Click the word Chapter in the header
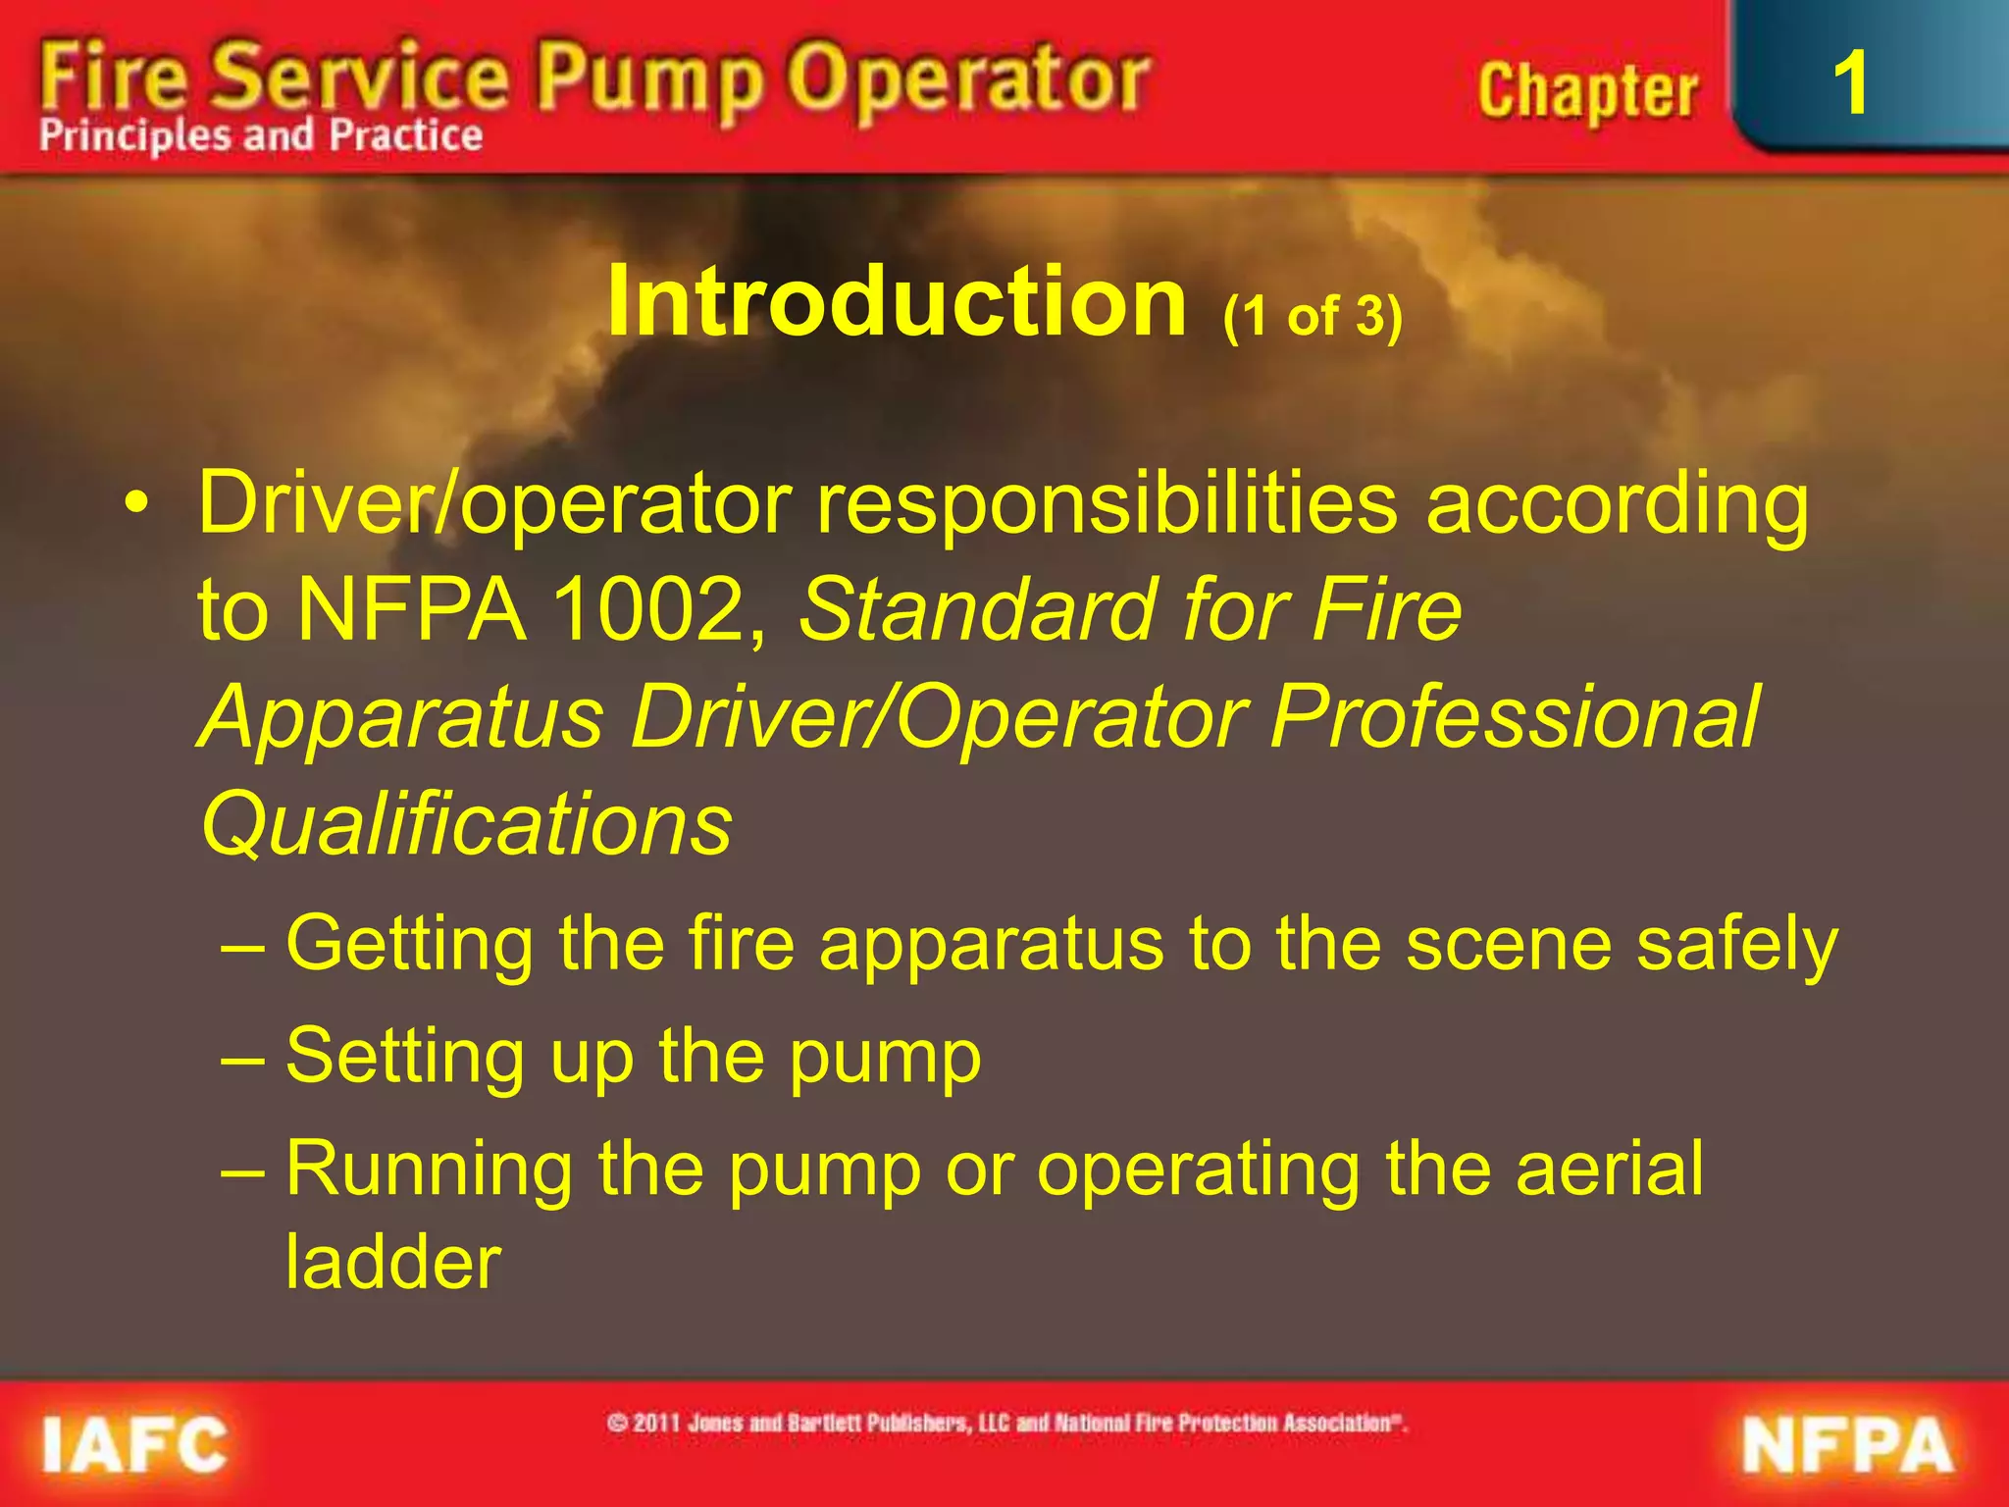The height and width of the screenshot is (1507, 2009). (x=1586, y=91)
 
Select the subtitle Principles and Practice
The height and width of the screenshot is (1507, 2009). (x=261, y=135)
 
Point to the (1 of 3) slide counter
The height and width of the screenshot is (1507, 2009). (x=1313, y=317)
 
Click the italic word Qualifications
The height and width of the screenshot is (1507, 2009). (x=466, y=824)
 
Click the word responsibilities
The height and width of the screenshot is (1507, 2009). (x=1107, y=503)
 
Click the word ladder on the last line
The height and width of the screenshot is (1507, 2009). (x=393, y=1262)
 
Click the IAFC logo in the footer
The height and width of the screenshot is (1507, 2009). (x=134, y=1443)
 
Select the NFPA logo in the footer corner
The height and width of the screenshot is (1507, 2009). (x=1848, y=1445)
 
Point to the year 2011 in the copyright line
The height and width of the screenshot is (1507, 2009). (x=656, y=1423)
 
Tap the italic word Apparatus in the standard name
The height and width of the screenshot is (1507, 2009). (x=400, y=717)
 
